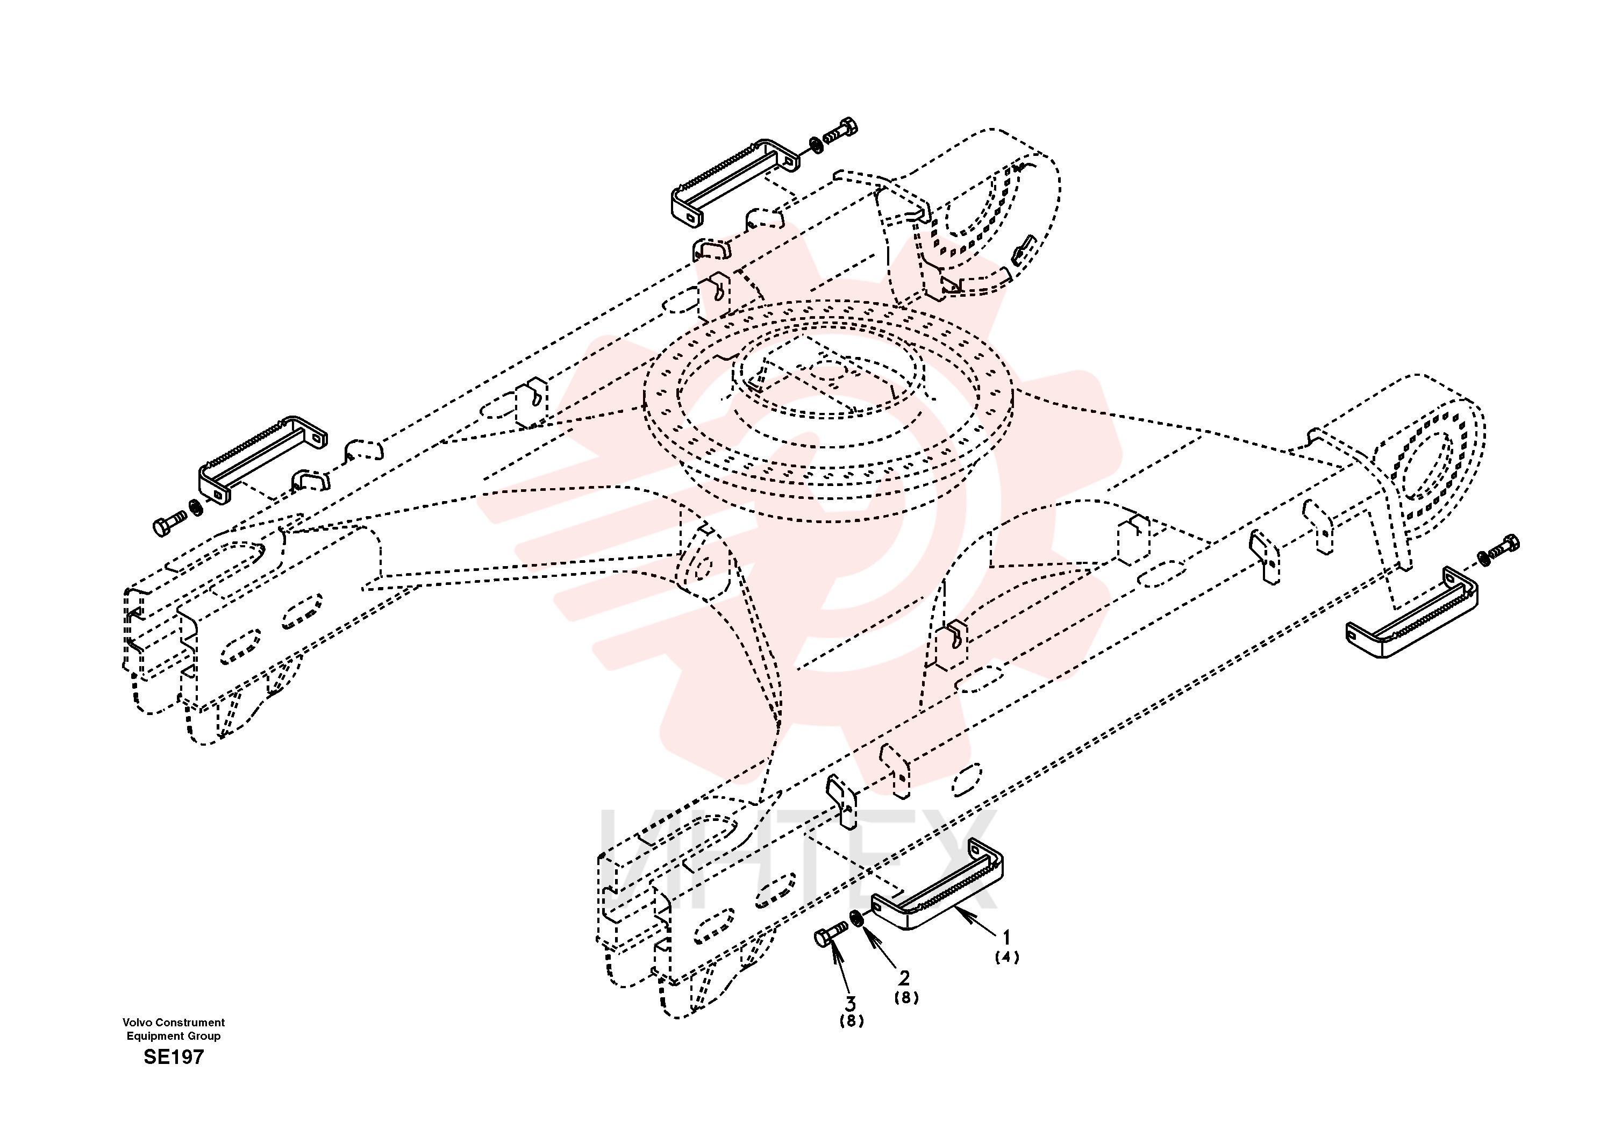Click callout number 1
[x=1006, y=938]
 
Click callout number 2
[x=904, y=978]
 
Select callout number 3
[x=850, y=1004]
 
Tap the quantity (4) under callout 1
[x=1007, y=957]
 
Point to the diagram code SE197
[x=174, y=1057]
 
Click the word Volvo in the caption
[x=137, y=1023]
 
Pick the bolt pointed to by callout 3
[x=831, y=933]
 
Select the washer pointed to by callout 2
[x=857, y=919]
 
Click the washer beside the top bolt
[x=816, y=145]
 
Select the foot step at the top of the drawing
[x=735, y=181]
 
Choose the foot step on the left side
[x=263, y=460]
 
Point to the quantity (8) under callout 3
[x=852, y=1021]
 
